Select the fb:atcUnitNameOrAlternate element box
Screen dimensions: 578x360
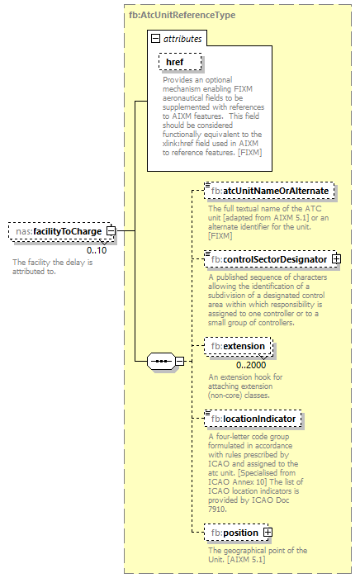(269, 191)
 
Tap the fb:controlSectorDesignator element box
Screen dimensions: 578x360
(268, 259)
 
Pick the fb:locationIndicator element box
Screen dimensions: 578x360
(253, 419)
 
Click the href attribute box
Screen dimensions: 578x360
(174, 62)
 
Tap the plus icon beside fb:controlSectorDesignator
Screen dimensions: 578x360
(336, 259)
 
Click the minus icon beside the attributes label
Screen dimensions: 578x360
(155, 38)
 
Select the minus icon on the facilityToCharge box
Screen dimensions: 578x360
(110, 231)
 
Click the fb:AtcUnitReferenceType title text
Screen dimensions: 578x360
(182, 15)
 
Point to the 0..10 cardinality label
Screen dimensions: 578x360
(97, 249)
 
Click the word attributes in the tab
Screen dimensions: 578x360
(182, 38)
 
